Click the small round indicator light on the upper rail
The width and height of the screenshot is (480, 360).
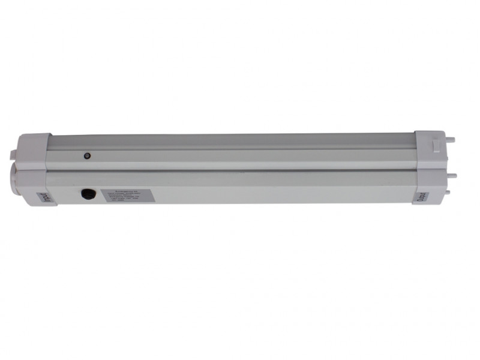(87, 155)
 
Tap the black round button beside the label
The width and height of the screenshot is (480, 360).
(88, 194)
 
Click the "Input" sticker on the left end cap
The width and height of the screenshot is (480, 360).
(46, 199)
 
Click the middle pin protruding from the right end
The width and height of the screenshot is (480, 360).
(451, 176)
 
